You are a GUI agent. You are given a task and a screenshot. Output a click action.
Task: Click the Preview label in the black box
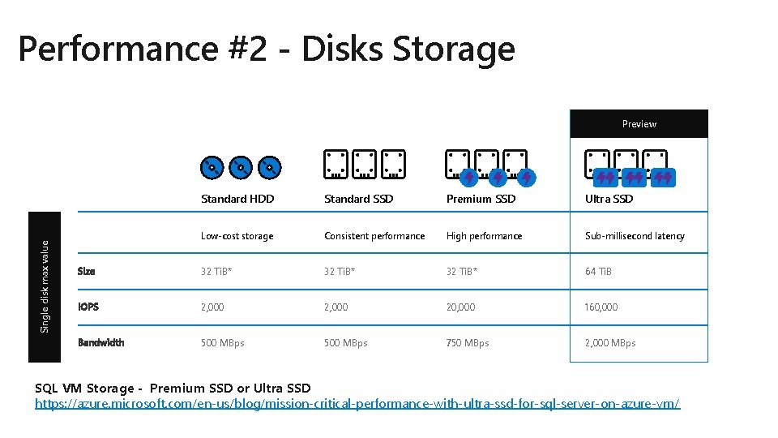click(639, 124)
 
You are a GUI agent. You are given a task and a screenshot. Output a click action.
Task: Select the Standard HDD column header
click(237, 199)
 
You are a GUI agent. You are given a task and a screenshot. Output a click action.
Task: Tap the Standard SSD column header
click(358, 199)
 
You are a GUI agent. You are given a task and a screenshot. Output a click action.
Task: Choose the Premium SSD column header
click(481, 199)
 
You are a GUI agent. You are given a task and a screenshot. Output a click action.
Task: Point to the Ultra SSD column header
click(609, 199)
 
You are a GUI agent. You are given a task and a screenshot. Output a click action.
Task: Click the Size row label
click(86, 272)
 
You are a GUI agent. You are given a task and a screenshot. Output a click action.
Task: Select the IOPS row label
click(88, 307)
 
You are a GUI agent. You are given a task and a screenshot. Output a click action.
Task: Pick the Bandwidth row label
click(101, 343)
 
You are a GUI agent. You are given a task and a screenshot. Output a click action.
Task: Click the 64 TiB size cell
click(598, 272)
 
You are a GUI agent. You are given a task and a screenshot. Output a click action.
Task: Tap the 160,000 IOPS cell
click(601, 307)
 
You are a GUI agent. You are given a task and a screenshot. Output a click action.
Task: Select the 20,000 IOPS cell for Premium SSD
click(460, 307)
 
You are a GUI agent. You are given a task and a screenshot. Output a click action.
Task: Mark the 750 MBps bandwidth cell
click(468, 343)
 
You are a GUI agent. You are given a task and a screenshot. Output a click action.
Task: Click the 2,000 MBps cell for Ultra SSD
click(610, 343)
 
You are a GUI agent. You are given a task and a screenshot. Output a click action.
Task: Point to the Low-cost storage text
click(237, 236)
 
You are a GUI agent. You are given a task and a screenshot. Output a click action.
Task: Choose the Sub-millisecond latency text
click(635, 236)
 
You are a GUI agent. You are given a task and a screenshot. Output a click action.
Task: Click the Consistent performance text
click(374, 236)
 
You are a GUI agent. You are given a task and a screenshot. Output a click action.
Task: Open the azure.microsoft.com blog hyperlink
click(357, 403)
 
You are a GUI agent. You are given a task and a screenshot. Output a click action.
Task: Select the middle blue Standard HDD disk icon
click(241, 168)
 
